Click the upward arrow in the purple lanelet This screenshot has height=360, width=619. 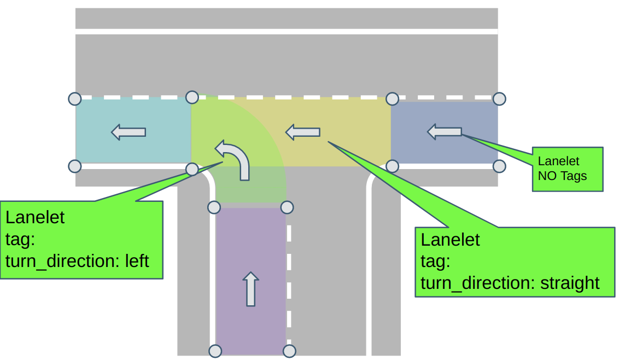250,289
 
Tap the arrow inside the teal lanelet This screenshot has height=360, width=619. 129,132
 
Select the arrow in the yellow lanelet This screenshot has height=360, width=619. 303,132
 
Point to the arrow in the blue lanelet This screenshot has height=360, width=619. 445,131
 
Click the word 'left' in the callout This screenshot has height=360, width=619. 137,261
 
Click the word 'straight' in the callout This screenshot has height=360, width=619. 570,283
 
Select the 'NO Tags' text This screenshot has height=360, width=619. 562,176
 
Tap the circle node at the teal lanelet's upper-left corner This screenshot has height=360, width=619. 74,98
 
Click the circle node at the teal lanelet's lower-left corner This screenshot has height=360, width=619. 74,166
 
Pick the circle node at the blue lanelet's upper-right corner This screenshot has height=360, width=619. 499,98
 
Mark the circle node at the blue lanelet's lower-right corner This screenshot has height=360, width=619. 499,166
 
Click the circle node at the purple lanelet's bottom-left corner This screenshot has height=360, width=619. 215,351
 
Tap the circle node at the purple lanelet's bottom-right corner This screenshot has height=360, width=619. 289,351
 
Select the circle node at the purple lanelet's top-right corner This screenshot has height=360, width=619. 287,207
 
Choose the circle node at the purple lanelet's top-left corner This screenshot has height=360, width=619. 214,207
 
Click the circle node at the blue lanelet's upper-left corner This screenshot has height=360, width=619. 392,98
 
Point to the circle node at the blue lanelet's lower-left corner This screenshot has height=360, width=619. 392,166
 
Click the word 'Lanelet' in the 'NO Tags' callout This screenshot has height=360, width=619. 558,161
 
